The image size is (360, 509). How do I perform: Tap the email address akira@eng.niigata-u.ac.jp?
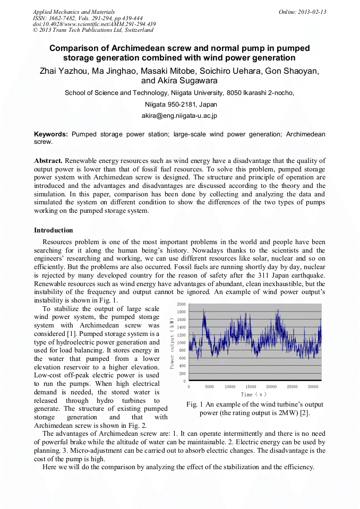[x=179, y=115]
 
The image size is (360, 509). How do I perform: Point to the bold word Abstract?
[x=48, y=160]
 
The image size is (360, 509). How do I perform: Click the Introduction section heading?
[x=54, y=230]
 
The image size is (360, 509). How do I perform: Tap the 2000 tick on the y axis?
[x=181, y=305]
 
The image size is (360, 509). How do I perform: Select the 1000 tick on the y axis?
[x=181, y=343]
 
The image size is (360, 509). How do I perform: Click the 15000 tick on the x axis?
[x=251, y=387]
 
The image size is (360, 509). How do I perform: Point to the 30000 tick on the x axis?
[x=313, y=387]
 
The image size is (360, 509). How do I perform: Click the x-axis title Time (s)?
[x=254, y=394]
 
